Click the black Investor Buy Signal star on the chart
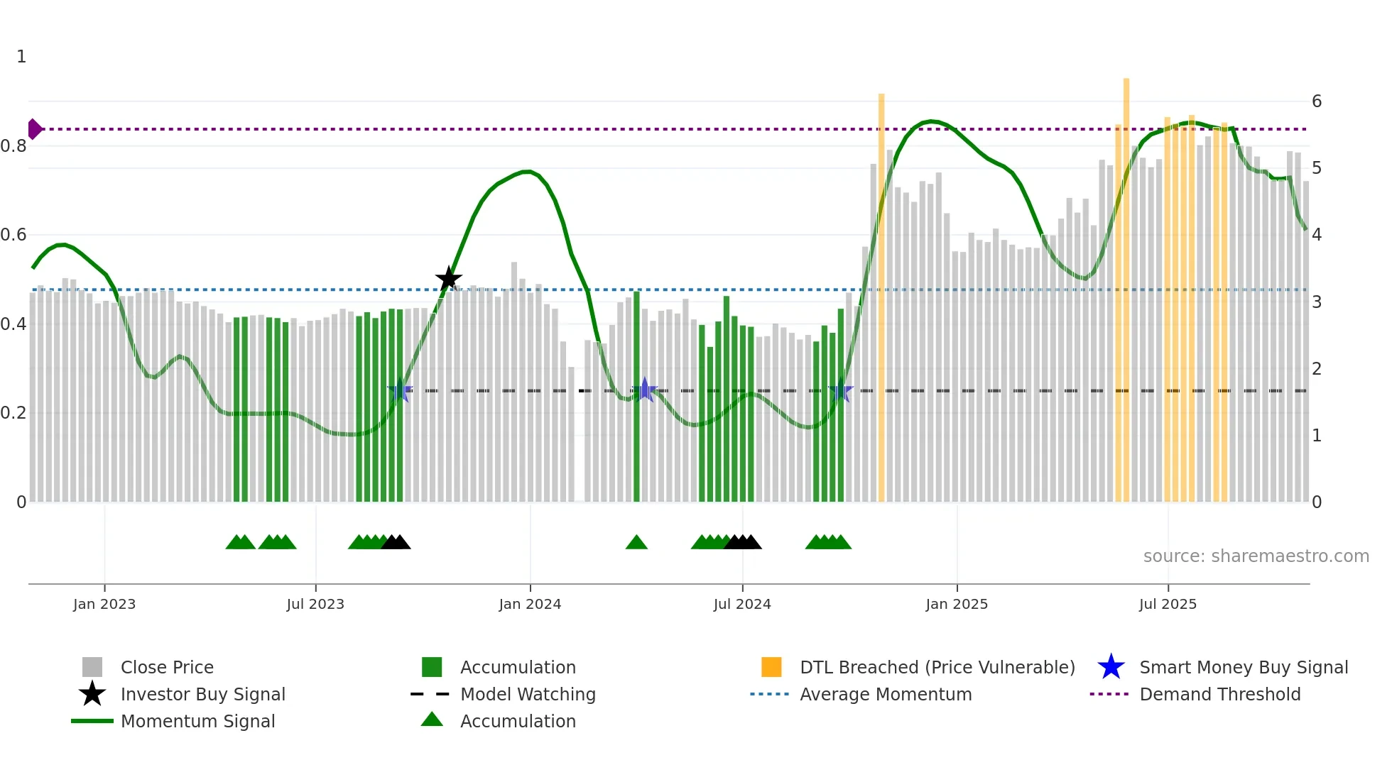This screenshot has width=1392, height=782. tap(448, 279)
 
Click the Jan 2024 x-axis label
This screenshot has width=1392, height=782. tap(530, 604)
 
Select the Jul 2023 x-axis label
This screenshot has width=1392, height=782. tap(315, 604)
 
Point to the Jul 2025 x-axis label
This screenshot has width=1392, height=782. tap(1168, 604)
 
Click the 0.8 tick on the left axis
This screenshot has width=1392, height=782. tap(13, 146)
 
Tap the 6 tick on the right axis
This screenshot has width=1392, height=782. tap(1317, 101)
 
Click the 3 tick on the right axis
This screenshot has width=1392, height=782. tap(1317, 302)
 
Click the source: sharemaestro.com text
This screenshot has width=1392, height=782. tap(1256, 556)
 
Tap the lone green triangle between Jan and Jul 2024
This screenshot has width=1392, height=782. tap(636, 542)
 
